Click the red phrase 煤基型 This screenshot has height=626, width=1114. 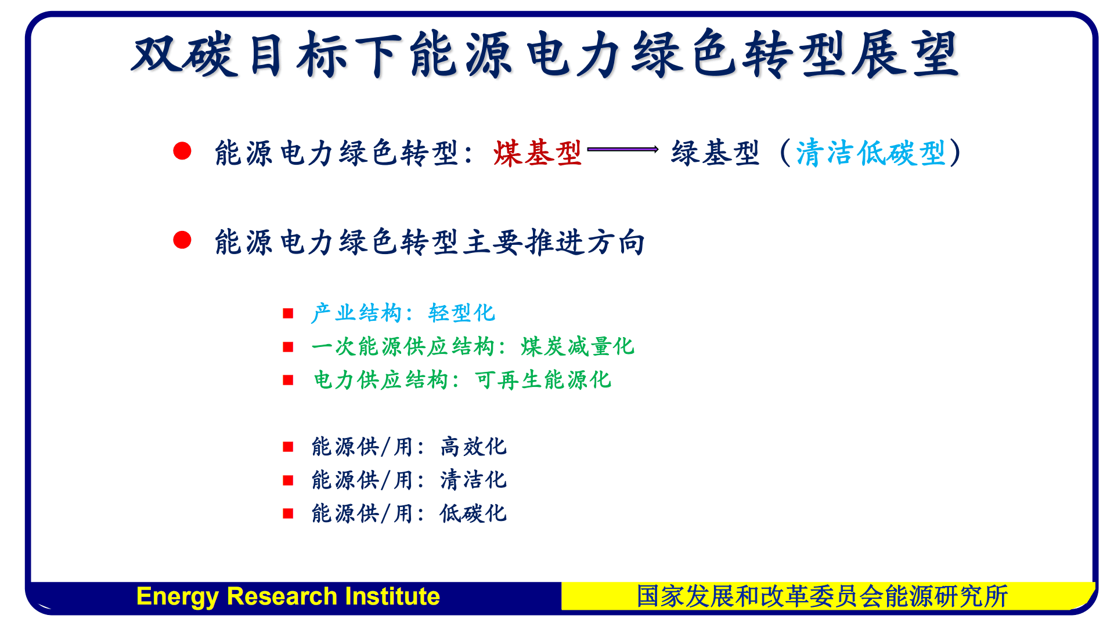coord(537,154)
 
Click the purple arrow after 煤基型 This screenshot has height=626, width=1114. coord(622,150)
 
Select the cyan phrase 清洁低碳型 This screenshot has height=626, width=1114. coord(870,154)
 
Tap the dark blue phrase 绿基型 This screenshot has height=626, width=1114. coord(715,154)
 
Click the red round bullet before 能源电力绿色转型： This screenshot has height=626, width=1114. coord(182,151)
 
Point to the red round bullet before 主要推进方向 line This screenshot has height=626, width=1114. coord(182,240)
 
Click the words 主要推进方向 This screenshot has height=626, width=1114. coord(554,243)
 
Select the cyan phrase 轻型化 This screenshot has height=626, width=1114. coord(462,313)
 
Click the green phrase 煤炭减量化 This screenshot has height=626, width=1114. coord(577,347)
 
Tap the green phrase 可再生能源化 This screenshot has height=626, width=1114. coord(543,381)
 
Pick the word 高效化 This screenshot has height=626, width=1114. coord(473,447)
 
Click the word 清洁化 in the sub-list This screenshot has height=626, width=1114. coord(473,480)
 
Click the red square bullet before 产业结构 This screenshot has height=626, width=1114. coord(288,314)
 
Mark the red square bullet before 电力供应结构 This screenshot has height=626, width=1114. coord(288,381)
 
